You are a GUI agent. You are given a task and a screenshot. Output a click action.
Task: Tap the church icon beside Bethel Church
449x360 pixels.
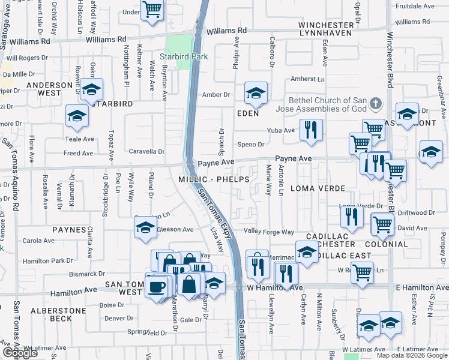tap(376, 104)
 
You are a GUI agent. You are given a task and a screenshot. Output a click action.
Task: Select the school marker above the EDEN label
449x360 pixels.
tap(256, 94)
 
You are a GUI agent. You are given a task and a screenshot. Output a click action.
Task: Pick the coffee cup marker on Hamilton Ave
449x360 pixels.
tap(157, 286)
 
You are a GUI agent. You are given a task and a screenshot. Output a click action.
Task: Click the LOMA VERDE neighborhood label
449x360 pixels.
tap(312, 188)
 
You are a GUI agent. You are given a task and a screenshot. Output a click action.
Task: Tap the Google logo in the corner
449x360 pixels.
tap(20, 353)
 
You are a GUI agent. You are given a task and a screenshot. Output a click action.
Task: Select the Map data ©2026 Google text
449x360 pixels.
tap(411, 355)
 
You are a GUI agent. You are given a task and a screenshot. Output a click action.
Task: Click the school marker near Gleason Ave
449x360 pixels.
tap(145, 228)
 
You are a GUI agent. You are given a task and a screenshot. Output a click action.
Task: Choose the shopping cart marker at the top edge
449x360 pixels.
tap(152, 9)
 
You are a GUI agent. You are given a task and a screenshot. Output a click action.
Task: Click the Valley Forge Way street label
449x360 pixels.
tap(269, 232)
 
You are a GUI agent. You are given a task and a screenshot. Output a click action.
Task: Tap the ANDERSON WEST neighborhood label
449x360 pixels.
tap(52, 89)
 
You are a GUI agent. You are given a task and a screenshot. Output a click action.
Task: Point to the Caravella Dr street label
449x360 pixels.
tap(147, 152)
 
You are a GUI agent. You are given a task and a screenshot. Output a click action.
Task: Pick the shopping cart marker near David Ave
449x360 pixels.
tap(382, 224)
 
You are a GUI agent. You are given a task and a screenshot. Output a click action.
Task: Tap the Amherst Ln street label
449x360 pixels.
tap(307, 79)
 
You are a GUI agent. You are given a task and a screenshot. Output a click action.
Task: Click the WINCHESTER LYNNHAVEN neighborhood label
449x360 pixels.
tap(327, 29)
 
